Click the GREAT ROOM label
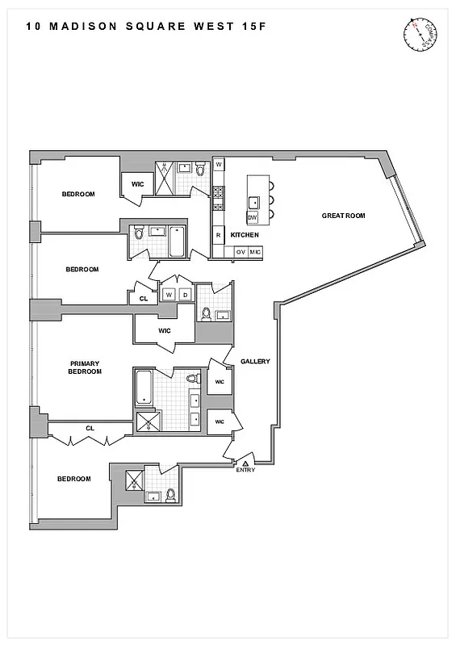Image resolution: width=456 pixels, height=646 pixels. tap(344, 216)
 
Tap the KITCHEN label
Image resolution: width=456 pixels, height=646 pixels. tap(245, 235)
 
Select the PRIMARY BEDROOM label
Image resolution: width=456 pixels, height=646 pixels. tap(85, 367)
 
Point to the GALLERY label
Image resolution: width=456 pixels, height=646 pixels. tap(255, 362)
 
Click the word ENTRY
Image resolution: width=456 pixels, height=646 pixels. tap(245, 471)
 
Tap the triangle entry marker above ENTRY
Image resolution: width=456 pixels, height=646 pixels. tap(245, 463)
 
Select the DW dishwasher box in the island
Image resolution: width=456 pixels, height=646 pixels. tap(252, 218)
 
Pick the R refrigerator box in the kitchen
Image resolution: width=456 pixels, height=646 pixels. tap(218, 235)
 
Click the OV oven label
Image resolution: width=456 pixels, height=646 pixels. tap(240, 253)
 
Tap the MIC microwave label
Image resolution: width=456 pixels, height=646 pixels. tap(254, 253)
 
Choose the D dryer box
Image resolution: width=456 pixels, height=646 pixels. tap(185, 294)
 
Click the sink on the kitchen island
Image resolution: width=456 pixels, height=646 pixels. tap(253, 202)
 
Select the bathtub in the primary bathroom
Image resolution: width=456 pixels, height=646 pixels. tap(144, 387)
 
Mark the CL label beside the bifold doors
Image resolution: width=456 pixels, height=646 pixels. tap(90, 428)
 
